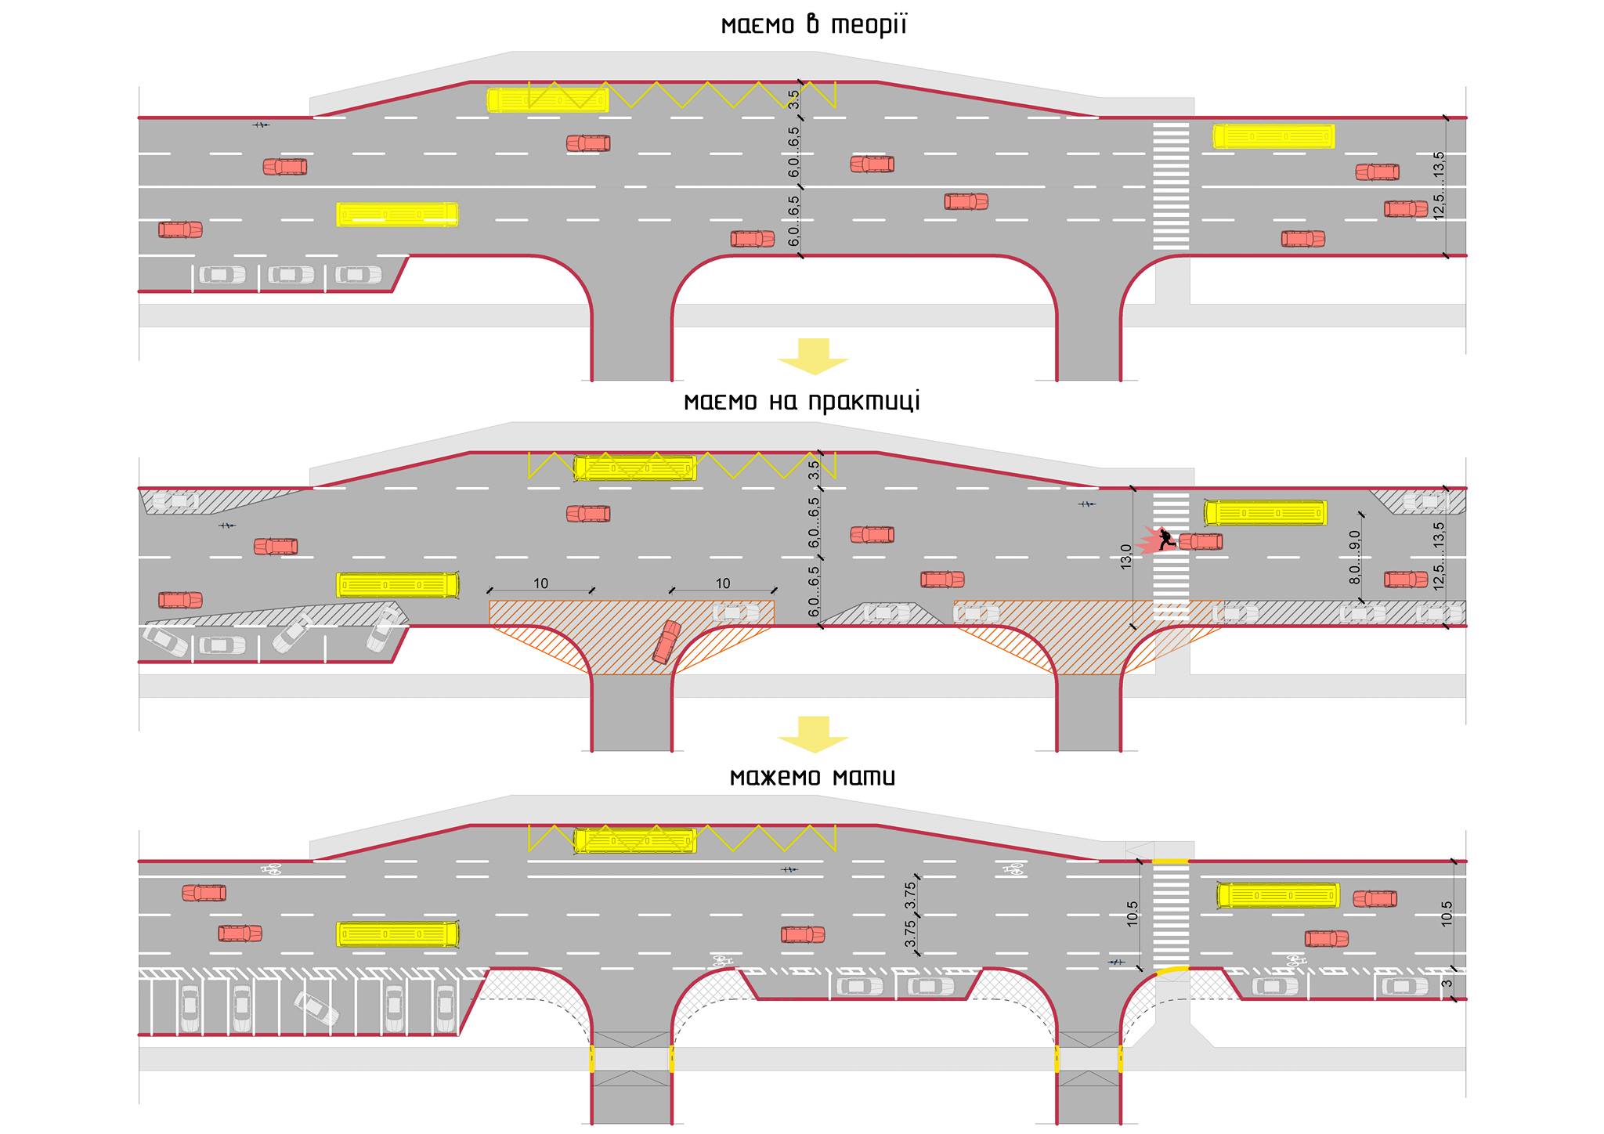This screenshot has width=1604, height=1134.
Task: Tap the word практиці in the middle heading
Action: point(864,402)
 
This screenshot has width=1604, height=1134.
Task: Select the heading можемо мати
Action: point(812,777)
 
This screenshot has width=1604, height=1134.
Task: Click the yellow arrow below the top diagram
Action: point(813,356)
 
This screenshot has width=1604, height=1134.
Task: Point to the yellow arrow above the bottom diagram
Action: point(813,735)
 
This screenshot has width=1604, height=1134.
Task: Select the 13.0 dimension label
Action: point(1125,556)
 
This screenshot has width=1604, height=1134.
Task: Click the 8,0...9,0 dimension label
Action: point(1354,557)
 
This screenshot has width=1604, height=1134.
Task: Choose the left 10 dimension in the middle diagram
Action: point(540,583)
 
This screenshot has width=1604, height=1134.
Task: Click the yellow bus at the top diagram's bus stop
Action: point(547,100)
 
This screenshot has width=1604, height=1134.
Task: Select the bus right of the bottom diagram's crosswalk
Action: point(1278,895)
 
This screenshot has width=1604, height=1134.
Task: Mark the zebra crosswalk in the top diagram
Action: point(1170,186)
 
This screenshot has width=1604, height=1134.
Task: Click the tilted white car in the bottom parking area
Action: point(316,1009)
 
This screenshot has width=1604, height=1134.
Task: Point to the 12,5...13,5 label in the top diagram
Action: point(1439,186)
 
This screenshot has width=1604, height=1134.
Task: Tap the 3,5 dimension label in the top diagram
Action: point(794,99)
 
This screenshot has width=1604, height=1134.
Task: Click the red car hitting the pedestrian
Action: point(1201,541)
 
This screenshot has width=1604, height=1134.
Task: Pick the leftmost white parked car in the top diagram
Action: point(222,275)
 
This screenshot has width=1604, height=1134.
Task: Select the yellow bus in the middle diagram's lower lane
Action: point(398,585)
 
